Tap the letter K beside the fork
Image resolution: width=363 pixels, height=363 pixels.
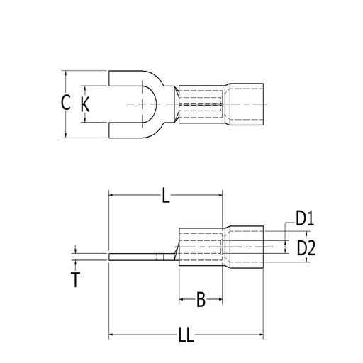(x=86, y=104)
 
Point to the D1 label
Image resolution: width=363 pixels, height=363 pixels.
(x=304, y=220)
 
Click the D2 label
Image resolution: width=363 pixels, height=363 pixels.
(x=306, y=247)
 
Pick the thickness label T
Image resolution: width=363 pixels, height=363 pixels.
(x=75, y=279)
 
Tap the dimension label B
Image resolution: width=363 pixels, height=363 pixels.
(x=201, y=301)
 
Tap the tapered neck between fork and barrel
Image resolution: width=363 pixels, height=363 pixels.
(x=172, y=104)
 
